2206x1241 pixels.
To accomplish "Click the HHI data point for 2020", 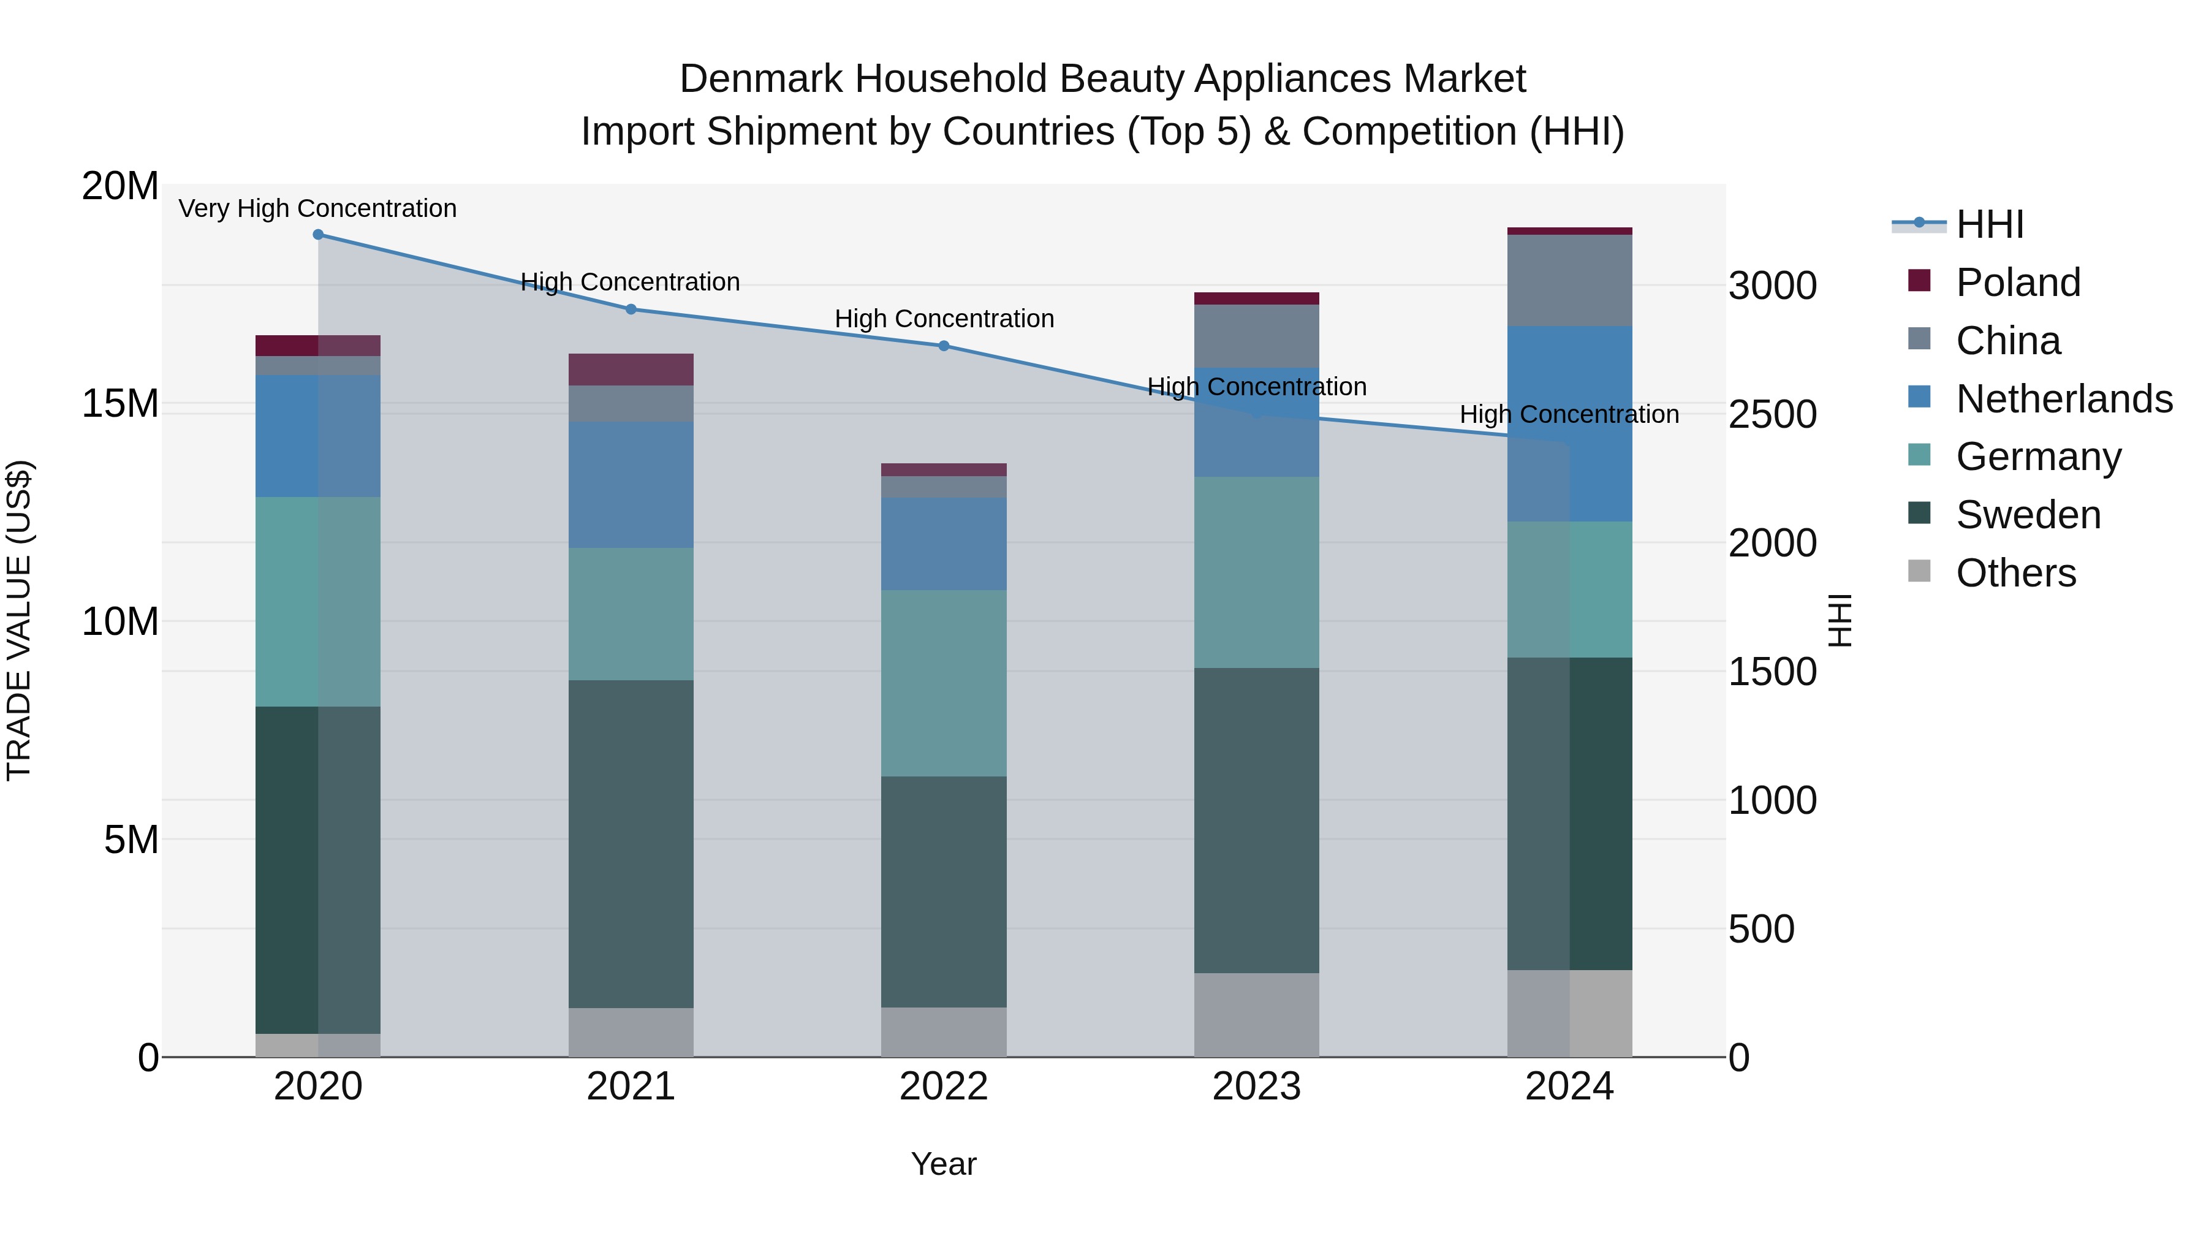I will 317,234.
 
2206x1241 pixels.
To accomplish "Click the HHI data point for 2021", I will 631,309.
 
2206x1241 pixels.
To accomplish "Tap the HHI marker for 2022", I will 944,346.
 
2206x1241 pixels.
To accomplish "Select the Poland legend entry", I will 2018,283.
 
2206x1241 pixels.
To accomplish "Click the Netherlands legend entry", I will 2064,399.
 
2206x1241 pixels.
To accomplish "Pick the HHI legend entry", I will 1989,224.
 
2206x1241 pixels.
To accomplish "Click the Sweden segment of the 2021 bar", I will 631,844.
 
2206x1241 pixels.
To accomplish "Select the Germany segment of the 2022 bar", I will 944,683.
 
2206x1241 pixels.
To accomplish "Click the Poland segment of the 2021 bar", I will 631,369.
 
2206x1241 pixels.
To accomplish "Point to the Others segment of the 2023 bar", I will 1256,1014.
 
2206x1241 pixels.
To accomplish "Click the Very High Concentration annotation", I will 317,208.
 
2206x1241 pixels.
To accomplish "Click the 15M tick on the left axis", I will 120,403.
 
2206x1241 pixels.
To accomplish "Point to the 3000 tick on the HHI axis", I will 1772,286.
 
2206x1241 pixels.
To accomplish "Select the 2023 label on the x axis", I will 1256,1087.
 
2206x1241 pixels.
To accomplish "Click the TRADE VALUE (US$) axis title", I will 19,620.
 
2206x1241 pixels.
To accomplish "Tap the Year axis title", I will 943,1164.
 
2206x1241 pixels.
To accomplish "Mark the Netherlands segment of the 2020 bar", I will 317,436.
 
